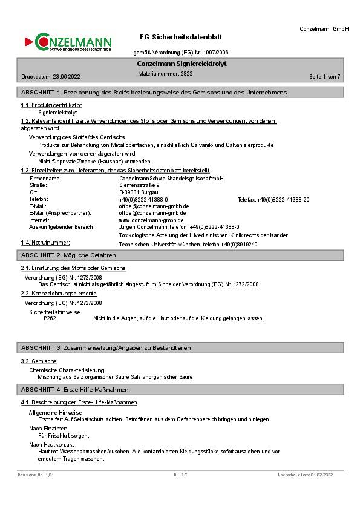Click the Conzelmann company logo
pos(68,42)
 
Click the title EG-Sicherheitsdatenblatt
pos(180,37)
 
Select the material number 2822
pos(186,73)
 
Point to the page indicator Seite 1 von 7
pos(325,77)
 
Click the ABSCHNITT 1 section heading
pos(154,92)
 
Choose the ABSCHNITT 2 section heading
pos(68,255)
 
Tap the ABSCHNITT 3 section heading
pos(106,348)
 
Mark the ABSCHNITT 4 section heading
pos(74,389)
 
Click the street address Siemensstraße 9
pos(139,185)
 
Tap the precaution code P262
pos(50,318)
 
